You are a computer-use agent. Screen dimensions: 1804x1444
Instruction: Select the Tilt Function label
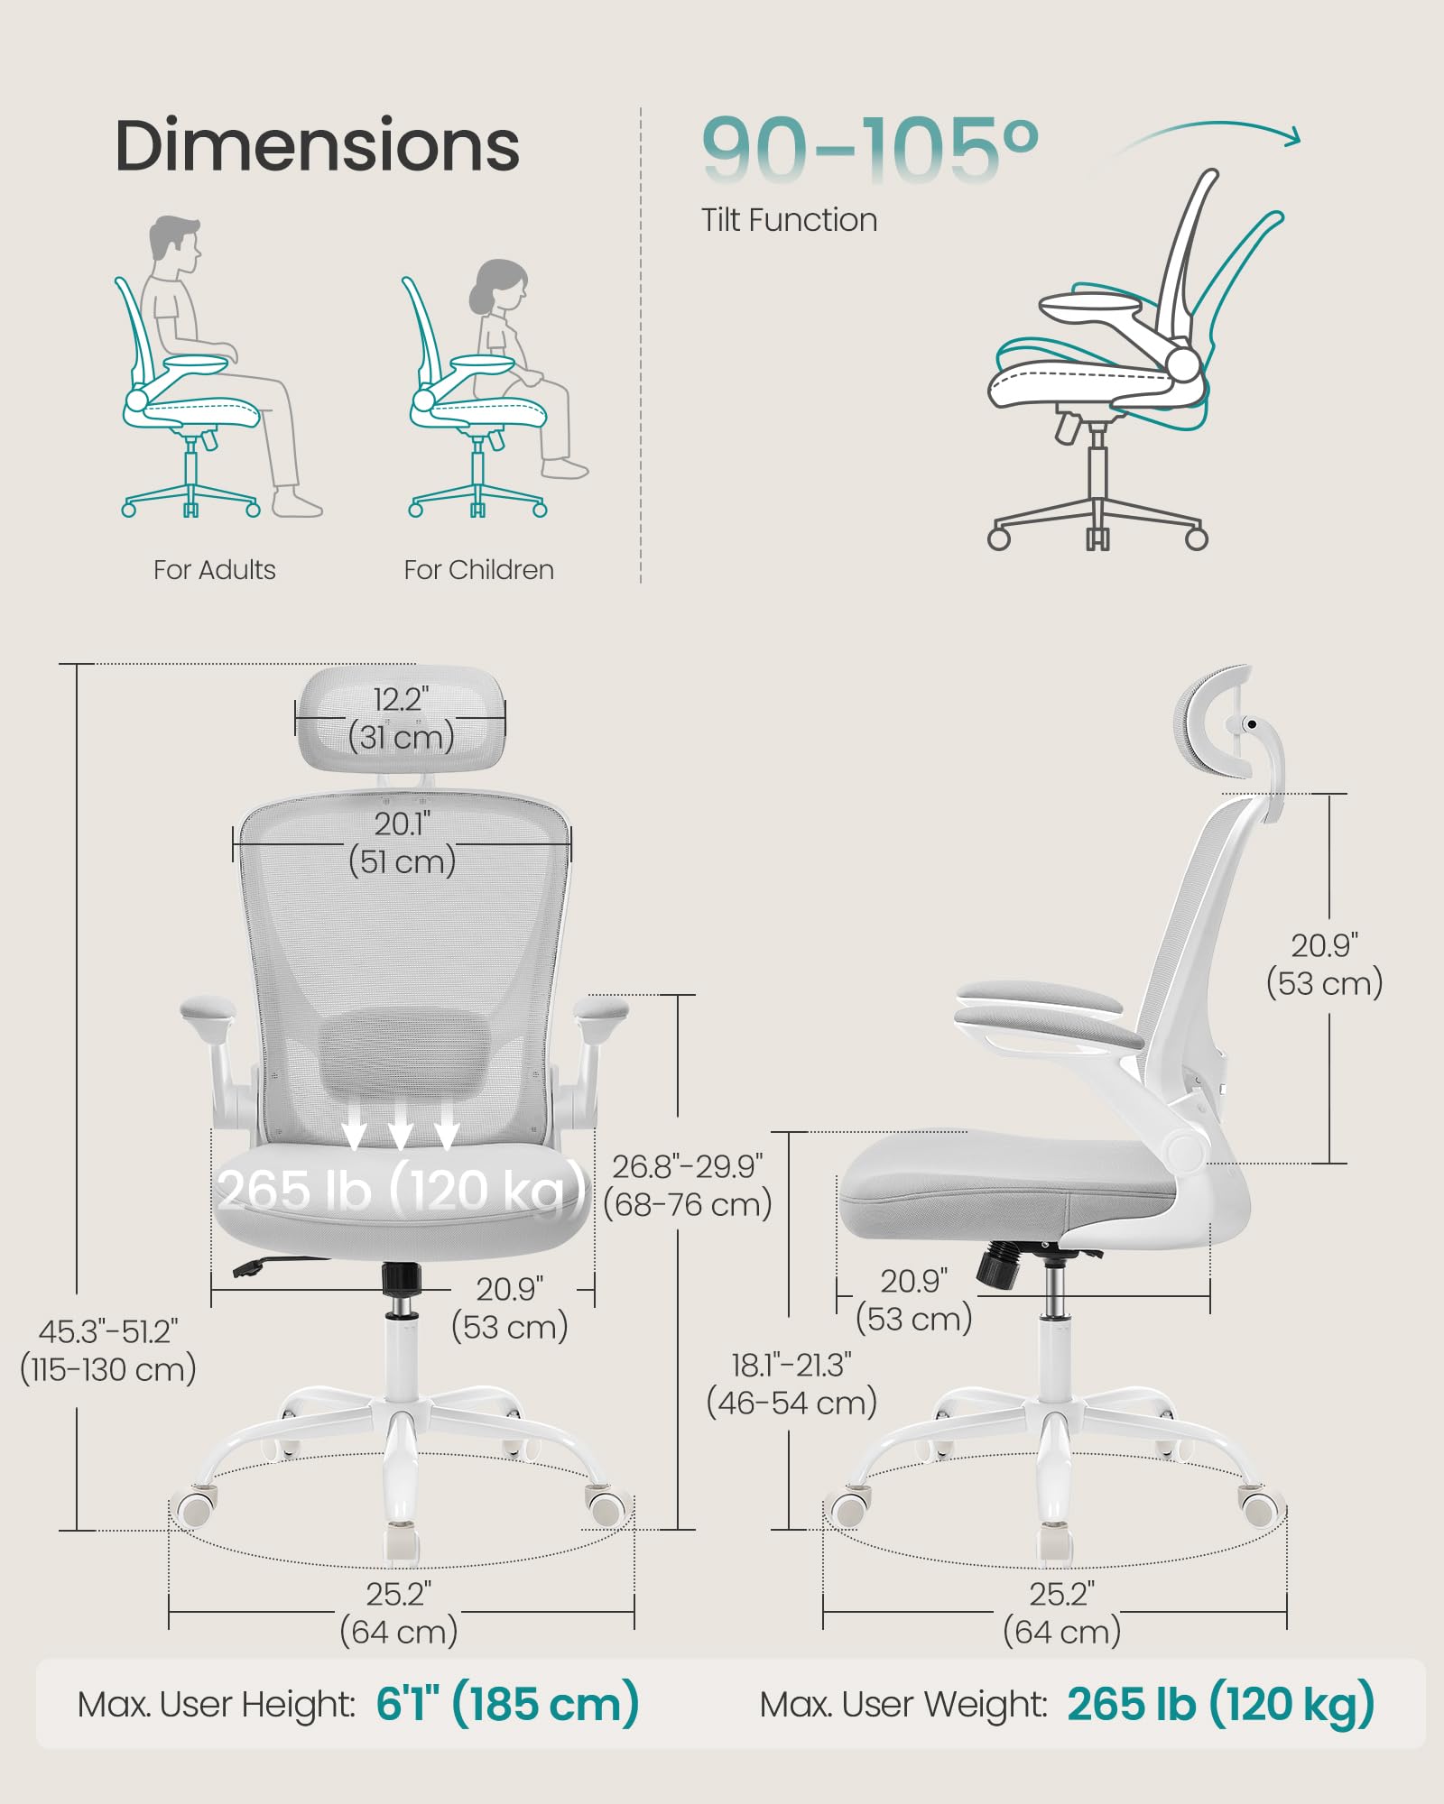(789, 220)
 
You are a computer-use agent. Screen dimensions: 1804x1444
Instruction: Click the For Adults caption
(214, 570)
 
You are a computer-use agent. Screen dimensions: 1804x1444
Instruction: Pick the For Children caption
(478, 570)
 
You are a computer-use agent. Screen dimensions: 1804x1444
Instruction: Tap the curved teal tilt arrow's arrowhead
(1293, 137)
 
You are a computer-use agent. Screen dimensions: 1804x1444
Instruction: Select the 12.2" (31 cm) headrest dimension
(402, 719)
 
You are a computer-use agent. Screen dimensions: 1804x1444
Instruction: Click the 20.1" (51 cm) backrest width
(403, 843)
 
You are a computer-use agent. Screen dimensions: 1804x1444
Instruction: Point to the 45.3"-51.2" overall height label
(108, 1350)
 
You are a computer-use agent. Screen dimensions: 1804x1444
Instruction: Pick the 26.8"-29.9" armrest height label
(688, 1185)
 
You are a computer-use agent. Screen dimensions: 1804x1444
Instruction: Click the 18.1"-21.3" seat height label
(791, 1384)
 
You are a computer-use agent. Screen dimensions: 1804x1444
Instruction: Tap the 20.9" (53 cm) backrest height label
(1324, 964)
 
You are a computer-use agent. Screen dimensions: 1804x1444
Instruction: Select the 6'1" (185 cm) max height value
(507, 1704)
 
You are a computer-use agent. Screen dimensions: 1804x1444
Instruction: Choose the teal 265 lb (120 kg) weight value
(1220, 1704)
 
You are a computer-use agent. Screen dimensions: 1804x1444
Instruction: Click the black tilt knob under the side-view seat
(998, 1263)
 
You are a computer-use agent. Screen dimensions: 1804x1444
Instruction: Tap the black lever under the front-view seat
(257, 1265)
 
